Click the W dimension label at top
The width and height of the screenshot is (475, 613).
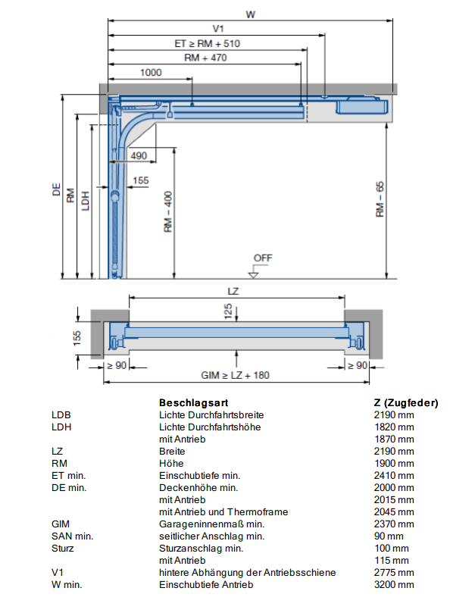250,14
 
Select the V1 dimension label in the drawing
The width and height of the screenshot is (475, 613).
218,29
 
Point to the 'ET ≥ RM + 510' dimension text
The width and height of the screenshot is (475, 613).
208,43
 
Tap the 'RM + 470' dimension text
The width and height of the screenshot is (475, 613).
205,58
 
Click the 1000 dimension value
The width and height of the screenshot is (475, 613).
151,72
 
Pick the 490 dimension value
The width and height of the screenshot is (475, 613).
139,155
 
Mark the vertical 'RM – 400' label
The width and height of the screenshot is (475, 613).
168,211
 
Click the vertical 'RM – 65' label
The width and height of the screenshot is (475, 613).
380,199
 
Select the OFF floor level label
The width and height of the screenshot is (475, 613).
263,258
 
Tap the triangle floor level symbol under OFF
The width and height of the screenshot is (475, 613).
253,275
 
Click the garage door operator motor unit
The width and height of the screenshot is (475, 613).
361,105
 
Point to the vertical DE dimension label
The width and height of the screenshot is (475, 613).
57,189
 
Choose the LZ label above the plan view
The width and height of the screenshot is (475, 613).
233,292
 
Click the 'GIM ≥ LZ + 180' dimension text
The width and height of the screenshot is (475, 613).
236,375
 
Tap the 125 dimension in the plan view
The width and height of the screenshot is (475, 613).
228,311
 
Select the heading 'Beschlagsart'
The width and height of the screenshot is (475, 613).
193,402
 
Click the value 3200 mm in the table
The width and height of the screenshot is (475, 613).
394,584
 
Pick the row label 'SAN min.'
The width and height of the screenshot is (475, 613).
72,536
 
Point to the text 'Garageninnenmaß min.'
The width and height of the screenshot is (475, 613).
212,524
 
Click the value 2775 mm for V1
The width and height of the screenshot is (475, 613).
394,572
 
